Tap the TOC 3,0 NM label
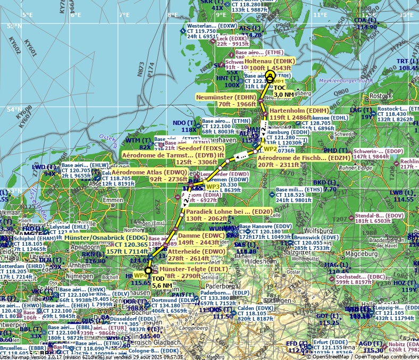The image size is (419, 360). click(x=283, y=91)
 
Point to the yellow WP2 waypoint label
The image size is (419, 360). click(x=270, y=149)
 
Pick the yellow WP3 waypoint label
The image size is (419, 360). click(x=212, y=187)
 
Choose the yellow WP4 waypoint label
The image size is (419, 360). click(x=140, y=275)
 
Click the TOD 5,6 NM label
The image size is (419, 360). click(x=161, y=282)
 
